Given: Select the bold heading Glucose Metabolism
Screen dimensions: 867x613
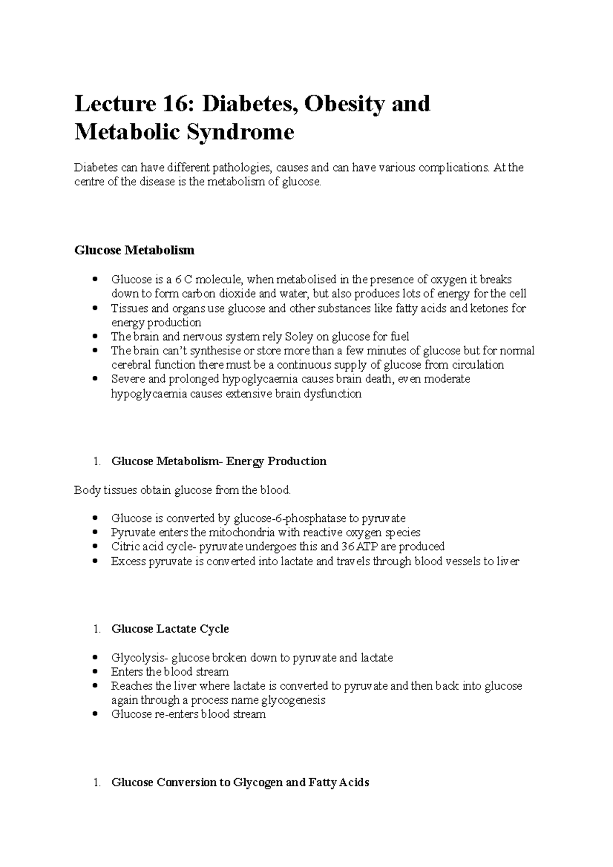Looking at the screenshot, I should (x=134, y=250).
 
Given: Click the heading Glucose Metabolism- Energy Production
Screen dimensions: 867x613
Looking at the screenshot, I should (x=219, y=462).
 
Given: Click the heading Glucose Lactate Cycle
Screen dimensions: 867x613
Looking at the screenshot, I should (x=170, y=629).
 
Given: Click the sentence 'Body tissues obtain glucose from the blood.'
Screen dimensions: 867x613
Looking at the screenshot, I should (x=182, y=491).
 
